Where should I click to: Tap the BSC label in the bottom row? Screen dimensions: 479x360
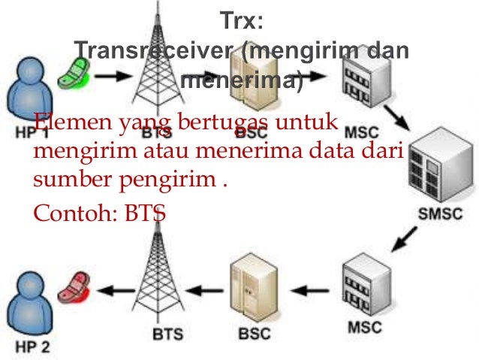pyautogui.click(x=256, y=331)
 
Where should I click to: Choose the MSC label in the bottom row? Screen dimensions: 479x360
pyautogui.click(x=365, y=328)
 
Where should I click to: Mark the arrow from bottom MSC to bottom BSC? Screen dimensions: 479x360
pyautogui.click(x=309, y=289)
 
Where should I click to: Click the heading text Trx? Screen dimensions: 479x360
pyautogui.click(x=242, y=20)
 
